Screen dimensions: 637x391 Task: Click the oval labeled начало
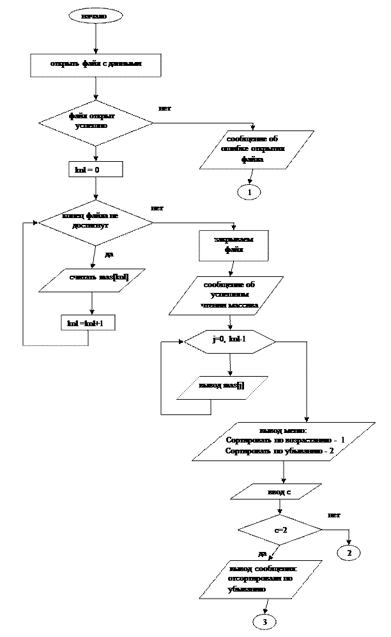coord(95,16)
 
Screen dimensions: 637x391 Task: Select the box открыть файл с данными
coord(96,65)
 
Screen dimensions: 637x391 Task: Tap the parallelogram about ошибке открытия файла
coord(256,150)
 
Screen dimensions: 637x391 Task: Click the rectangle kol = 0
coord(95,169)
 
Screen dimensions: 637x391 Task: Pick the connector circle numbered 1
coord(249,192)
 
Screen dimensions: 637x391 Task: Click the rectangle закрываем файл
coord(233,246)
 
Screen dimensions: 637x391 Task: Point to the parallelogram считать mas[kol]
coord(92,279)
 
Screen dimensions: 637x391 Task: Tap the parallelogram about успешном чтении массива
coord(226,295)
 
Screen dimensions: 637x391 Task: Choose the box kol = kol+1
coord(88,324)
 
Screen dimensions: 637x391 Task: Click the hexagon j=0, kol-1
coord(229,342)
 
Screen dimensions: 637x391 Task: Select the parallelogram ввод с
coord(275,492)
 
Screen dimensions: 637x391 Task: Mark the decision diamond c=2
coord(280,530)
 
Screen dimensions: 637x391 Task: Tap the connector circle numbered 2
coord(349,553)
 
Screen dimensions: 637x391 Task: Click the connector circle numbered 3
coord(264,622)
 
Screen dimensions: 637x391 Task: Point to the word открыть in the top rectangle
coord(65,64)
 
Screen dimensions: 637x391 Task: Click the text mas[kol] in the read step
coord(113,277)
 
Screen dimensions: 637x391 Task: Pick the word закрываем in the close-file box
coord(234,240)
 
